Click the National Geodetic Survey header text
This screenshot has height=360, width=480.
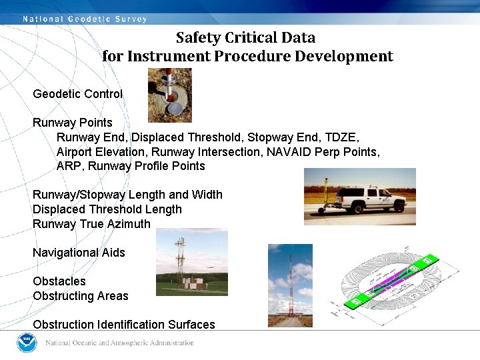[x=85, y=19]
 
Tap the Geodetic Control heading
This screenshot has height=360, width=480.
[x=77, y=94]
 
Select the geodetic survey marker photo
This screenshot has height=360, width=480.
[x=169, y=95]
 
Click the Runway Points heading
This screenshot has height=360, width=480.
[x=73, y=123]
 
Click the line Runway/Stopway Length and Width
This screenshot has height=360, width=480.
[x=127, y=195]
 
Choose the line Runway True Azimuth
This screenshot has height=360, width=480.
[x=91, y=224]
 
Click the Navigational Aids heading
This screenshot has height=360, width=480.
[x=79, y=253]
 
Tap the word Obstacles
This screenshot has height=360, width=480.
[x=59, y=281]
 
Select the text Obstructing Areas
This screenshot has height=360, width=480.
[x=80, y=296]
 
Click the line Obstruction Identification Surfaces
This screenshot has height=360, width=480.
[x=123, y=325]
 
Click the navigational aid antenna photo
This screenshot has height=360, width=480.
[x=191, y=262]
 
